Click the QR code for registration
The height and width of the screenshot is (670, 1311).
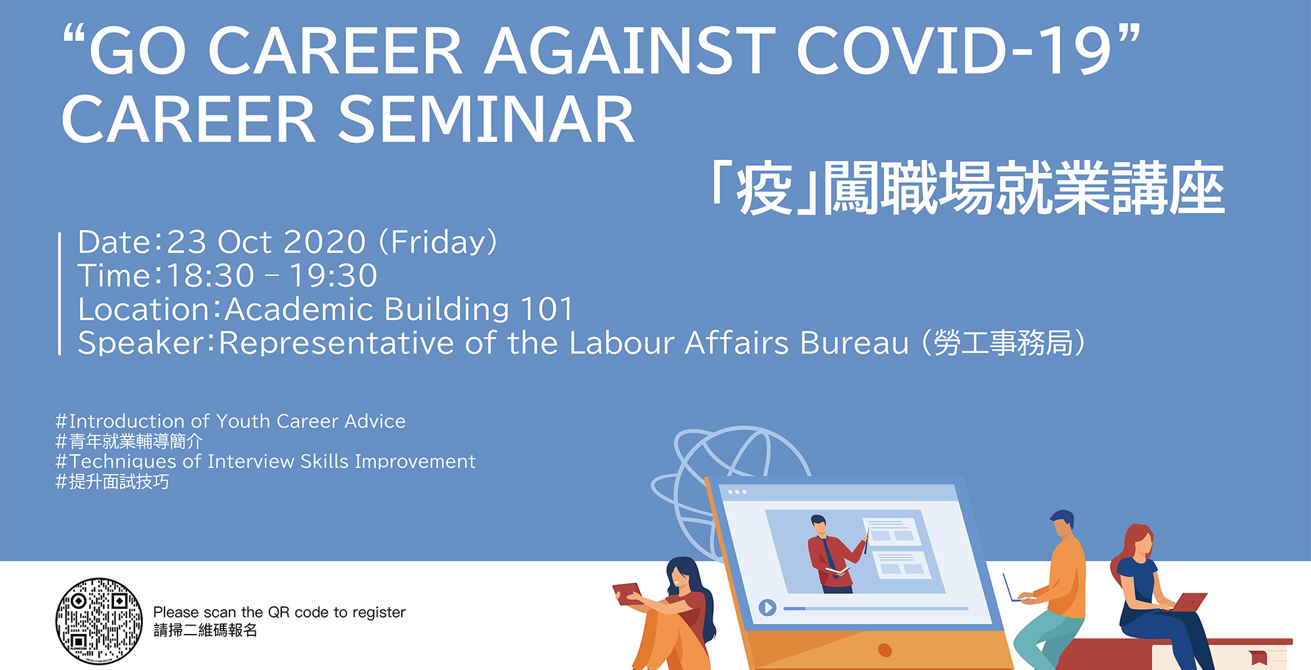pyautogui.click(x=99, y=621)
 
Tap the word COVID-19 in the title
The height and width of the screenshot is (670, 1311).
pyautogui.click(x=954, y=51)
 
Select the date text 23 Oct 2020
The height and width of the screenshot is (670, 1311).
pyautogui.click(x=266, y=243)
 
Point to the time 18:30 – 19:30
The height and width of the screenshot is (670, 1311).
pyautogui.click(x=272, y=276)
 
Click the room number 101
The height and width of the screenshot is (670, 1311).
pyautogui.click(x=547, y=309)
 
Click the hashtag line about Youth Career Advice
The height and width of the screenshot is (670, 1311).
pyautogui.click(x=231, y=421)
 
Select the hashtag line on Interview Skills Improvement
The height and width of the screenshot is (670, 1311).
pyautogui.click(x=265, y=462)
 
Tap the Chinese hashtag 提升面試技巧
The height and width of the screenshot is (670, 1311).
pyautogui.click(x=112, y=482)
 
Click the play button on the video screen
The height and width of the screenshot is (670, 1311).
pyautogui.click(x=768, y=608)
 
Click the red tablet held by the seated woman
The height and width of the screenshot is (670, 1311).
pyautogui.click(x=627, y=593)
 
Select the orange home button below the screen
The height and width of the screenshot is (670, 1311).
pyautogui.click(x=885, y=650)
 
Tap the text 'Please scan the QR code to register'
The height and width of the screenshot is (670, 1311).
pyautogui.click(x=279, y=612)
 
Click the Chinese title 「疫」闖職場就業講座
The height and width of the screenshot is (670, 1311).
pyautogui.click(x=969, y=189)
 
